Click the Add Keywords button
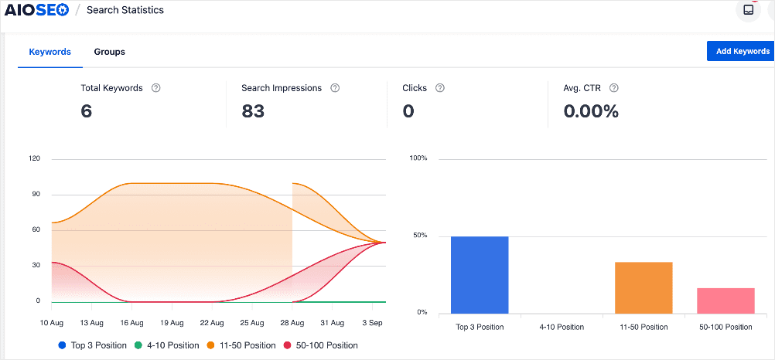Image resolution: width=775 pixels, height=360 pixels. click(x=738, y=51)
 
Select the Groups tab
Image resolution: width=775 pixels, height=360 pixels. click(x=109, y=52)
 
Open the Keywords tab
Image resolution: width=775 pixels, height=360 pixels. click(x=50, y=52)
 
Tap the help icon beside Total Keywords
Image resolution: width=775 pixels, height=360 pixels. click(x=156, y=88)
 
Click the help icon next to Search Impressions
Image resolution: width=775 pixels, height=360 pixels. click(x=335, y=88)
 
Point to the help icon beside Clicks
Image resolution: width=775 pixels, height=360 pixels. click(x=440, y=88)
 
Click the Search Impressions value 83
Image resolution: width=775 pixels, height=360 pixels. click(x=253, y=111)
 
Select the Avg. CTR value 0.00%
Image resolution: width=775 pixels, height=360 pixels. click(x=591, y=111)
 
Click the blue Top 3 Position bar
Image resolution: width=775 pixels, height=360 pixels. click(x=480, y=274)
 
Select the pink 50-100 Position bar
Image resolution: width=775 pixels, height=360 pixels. click(x=725, y=299)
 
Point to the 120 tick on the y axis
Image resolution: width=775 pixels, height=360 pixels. click(x=34, y=158)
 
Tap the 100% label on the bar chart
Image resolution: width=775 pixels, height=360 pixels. click(x=419, y=158)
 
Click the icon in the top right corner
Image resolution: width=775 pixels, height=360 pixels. click(x=747, y=10)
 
